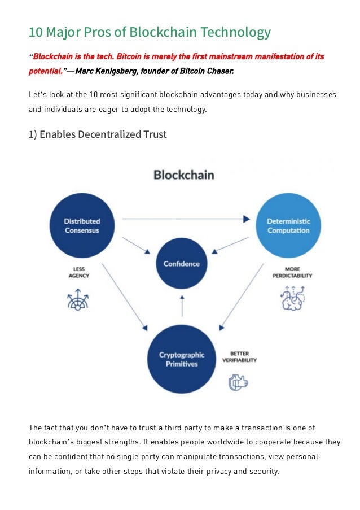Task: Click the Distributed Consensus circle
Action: coord(82,225)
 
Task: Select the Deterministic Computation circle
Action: coord(288,225)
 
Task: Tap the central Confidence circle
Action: coord(182,263)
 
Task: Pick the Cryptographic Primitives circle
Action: coord(182,359)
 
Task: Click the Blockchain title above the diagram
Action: coord(184,175)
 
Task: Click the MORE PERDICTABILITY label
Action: coord(291,272)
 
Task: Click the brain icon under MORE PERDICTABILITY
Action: coord(292,298)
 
